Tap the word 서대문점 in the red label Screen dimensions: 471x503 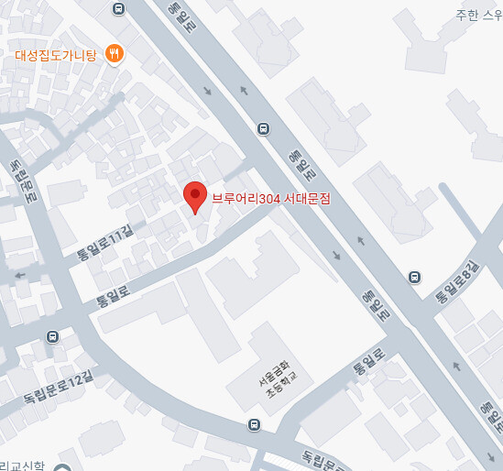pyautogui.click(x=307, y=198)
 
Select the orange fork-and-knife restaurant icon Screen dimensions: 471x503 pyautogui.click(x=115, y=54)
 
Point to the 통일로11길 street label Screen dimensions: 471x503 pyautogui.click(x=103, y=246)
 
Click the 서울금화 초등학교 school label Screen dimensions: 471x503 pyautogui.click(x=272, y=378)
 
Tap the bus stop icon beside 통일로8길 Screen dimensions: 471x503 pyautogui.click(x=415, y=276)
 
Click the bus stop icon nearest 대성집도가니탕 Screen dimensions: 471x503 pyautogui.click(x=119, y=8)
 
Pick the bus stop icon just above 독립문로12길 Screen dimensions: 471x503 pyautogui.click(x=53, y=336)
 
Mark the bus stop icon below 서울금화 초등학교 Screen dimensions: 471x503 pyautogui.click(x=254, y=424)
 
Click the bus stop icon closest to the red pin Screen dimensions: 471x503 pyautogui.click(x=264, y=128)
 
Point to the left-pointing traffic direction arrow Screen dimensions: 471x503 pyautogui.click(x=19, y=274)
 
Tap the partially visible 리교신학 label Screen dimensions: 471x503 pyautogui.click(x=27, y=465)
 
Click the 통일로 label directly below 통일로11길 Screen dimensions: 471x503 pyautogui.click(x=115, y=294)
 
